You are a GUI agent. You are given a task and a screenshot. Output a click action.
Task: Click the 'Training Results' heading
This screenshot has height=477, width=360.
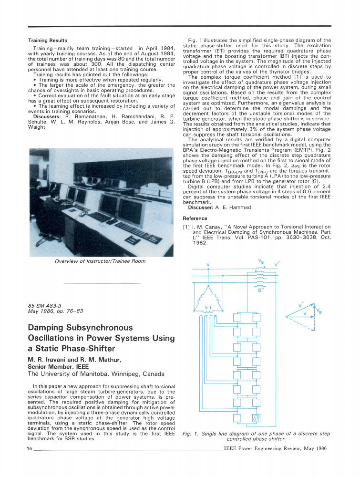(48, 41)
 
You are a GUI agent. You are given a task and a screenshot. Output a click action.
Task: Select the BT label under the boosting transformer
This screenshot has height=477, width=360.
(261, 290)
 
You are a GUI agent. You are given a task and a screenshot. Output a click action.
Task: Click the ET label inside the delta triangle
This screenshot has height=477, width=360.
(208, 307)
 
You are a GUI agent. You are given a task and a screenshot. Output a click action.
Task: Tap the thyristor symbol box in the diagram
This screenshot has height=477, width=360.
(256, 418)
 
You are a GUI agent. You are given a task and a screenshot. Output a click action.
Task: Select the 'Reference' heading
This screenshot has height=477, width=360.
(195, 218)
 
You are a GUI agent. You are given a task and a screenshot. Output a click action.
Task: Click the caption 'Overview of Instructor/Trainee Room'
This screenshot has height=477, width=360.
(100, 261)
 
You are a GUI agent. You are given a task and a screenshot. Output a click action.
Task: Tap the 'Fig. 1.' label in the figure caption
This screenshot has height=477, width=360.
(191, 434)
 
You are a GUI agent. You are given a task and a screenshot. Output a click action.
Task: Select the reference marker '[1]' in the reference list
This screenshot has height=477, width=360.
(187, 227)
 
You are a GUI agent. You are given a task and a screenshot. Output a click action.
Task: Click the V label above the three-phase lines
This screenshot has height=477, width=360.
(208, 265)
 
